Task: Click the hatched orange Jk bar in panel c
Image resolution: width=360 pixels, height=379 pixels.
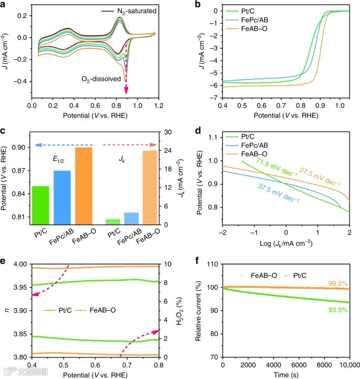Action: [x=150, y=187]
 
